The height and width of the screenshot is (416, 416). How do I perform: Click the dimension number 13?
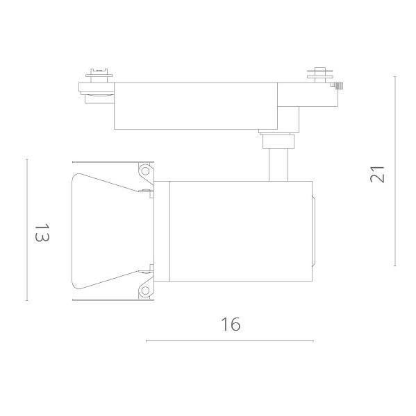click(42, 232)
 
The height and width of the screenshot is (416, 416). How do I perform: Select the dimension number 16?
click(231, 324)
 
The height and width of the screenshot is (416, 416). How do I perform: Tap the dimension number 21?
click(377, 174)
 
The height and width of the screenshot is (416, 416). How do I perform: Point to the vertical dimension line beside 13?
click(26, 229)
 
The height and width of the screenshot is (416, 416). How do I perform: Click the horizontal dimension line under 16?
click(230, 341)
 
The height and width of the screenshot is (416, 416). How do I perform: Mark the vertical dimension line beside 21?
click(395, 171)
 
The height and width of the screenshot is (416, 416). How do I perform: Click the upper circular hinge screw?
click(145, 171)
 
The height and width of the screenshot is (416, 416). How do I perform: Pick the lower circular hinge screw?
click(145, 291)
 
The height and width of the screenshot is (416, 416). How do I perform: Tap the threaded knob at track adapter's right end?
click(338, 86)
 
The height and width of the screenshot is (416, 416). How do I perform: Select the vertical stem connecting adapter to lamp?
click(278, 165)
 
